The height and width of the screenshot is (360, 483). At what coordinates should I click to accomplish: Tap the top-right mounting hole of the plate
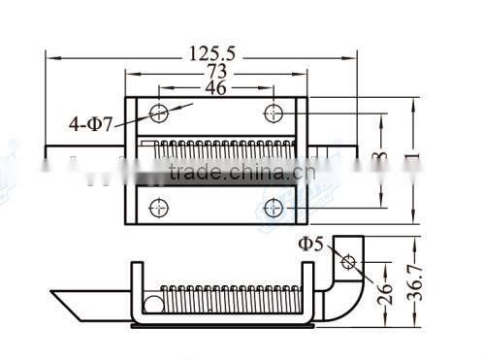(274, 114)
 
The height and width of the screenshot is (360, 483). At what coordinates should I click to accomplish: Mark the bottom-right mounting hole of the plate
(274, 207)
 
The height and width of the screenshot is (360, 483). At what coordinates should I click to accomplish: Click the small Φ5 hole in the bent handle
(348, 263)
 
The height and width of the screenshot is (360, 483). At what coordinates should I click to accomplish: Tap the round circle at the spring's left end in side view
(152, 305)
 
